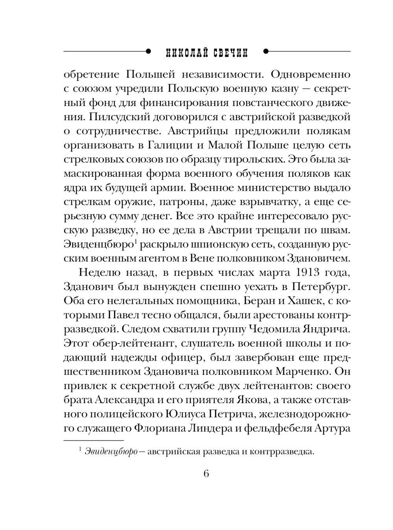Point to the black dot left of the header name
pyautogui.click(x=148, y=51)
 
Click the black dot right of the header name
pyautogui.click(x=266, y=51)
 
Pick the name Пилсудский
pyautogui.click(x=113, y=117)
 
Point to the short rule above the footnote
pyautogui.click(x=93, y=440)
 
